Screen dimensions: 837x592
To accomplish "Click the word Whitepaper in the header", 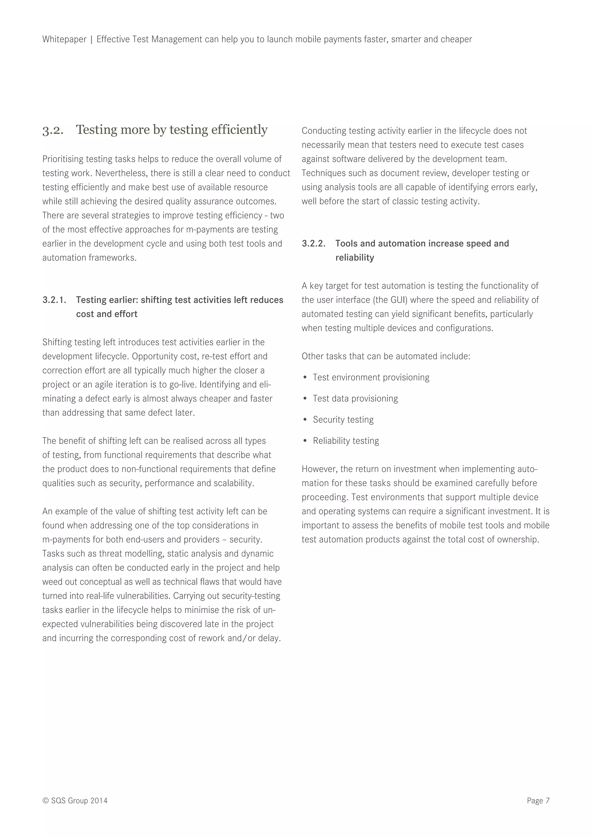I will [64, 39].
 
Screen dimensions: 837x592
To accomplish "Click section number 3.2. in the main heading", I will [53, 130].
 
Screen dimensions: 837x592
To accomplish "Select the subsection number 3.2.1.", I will [54, 300].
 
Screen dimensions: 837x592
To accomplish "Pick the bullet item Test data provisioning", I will [355, 399].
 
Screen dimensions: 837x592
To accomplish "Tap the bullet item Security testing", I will [343, 420].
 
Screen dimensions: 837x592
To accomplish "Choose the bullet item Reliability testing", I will [346, 441].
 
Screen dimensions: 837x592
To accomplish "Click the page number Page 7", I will [538, 801].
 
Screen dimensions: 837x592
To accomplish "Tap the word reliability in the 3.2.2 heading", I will [354, 258].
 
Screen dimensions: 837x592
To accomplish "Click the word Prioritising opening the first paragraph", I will [63, 159].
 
